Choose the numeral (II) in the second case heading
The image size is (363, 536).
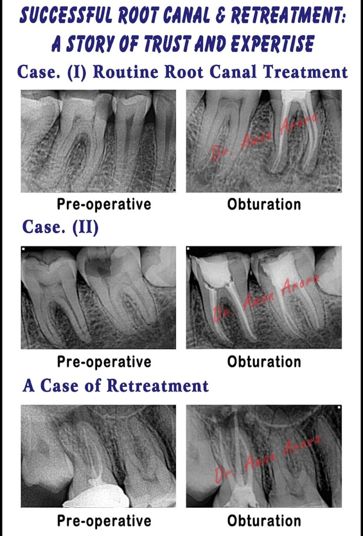coord(85,227)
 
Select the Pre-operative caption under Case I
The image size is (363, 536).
coord(104,205)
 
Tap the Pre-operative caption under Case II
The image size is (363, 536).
coord(104,361)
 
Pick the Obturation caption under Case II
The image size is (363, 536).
coord(264,361)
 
